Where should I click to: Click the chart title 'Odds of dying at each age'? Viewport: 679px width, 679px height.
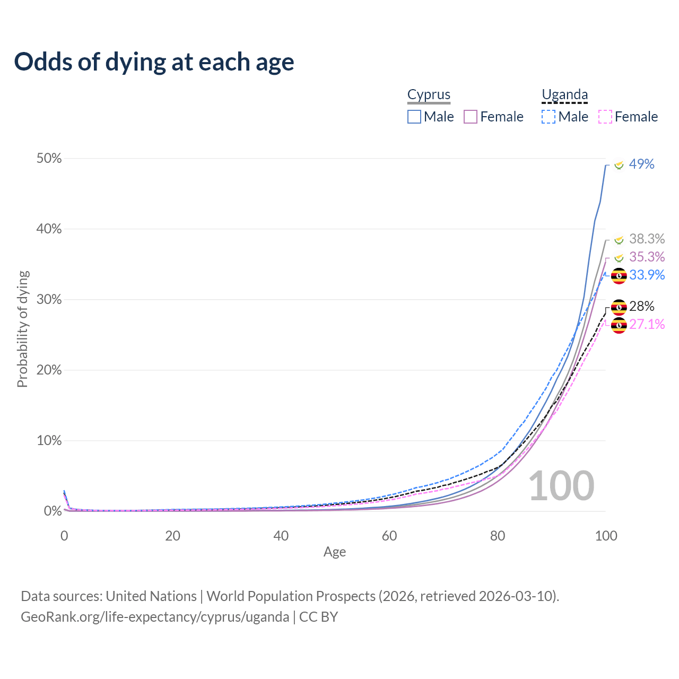coord(154,62)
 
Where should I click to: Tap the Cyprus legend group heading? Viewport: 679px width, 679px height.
coord(429,95)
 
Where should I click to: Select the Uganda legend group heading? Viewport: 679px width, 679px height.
coord(564,95)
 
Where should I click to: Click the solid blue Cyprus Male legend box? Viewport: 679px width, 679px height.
coord(414,117)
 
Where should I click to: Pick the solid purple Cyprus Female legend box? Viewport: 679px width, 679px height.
coord(471,117)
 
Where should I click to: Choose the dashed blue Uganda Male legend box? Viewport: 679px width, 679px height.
coord(549,117)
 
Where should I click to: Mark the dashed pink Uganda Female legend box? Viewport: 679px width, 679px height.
coord(605,117)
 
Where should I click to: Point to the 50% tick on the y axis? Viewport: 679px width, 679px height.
coord(49,159)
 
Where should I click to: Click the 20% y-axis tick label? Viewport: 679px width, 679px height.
coord(49,370)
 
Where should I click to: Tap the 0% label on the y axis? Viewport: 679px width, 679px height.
coord(53,511)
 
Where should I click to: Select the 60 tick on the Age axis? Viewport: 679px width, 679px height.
coord(389,536)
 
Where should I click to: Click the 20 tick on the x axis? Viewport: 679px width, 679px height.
coord(172,536)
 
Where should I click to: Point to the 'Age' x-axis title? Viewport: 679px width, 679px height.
coord(335,552)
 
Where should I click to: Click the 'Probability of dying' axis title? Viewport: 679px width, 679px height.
coord(22,329)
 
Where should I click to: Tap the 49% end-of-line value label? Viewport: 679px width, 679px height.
coord(641,164)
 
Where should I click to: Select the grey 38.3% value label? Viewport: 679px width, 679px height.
coord(647,239)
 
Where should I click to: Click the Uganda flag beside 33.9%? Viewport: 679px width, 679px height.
coord(619,276)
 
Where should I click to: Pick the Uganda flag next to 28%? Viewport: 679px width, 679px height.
coord(619,307)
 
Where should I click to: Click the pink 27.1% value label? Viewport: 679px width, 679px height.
coord(647,325)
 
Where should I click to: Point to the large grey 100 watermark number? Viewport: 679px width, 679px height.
coord(561,486)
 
